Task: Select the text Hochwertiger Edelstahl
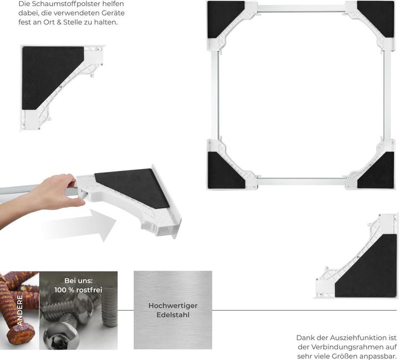173,310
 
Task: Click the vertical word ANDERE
20,310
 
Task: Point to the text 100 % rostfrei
78,290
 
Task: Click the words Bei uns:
78,281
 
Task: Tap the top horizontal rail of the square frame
301,9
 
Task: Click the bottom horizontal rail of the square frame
301,181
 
